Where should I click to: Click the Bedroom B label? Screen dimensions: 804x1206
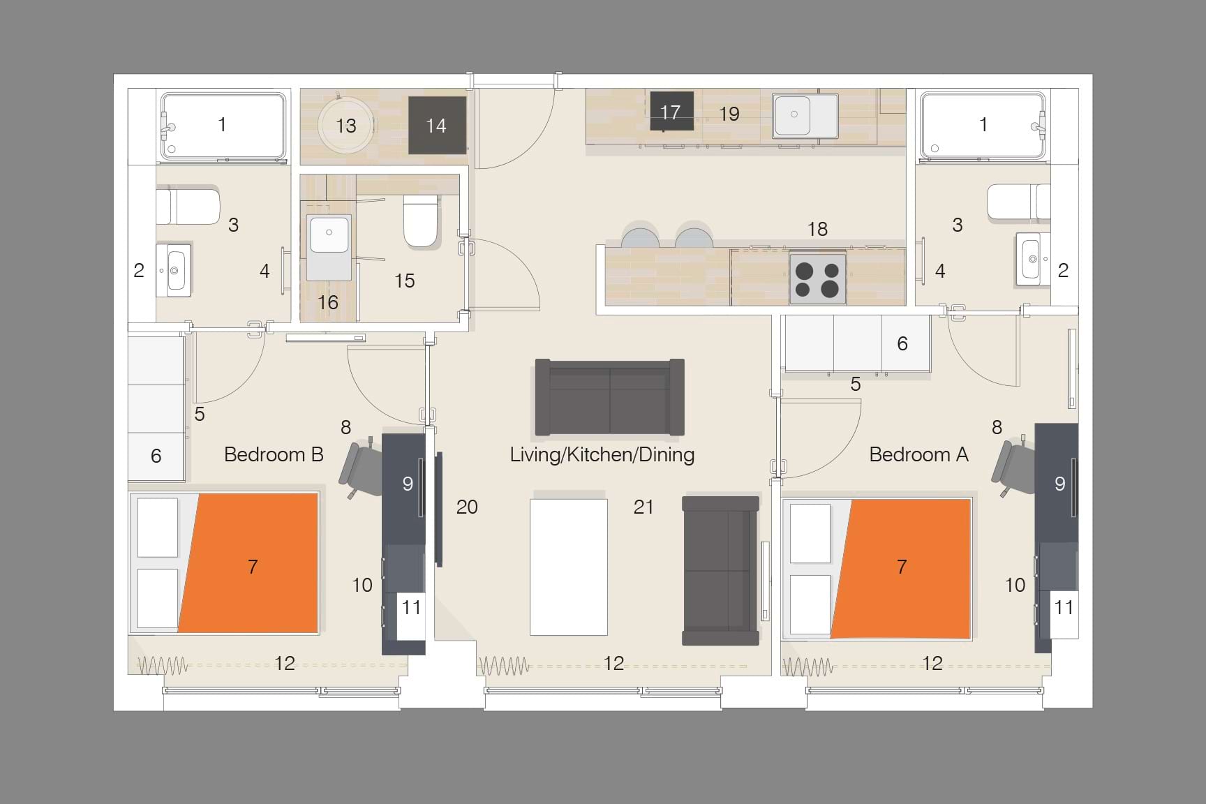274,454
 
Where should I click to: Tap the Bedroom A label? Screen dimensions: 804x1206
918,454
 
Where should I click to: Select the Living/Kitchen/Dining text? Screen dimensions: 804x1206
602,454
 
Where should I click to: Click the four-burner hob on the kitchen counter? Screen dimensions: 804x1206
817,278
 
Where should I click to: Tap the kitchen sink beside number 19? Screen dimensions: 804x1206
805,114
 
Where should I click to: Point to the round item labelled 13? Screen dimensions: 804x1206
345,126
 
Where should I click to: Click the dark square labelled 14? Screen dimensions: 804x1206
437,125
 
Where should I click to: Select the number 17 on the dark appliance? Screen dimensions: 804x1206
670,112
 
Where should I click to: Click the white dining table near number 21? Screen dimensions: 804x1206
568,567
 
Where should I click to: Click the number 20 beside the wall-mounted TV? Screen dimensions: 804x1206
467,507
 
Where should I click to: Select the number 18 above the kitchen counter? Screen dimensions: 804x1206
817,228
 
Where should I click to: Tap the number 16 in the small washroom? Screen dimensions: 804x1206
328,302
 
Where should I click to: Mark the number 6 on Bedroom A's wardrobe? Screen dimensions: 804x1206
902,343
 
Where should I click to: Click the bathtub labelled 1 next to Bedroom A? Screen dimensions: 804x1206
983,125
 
